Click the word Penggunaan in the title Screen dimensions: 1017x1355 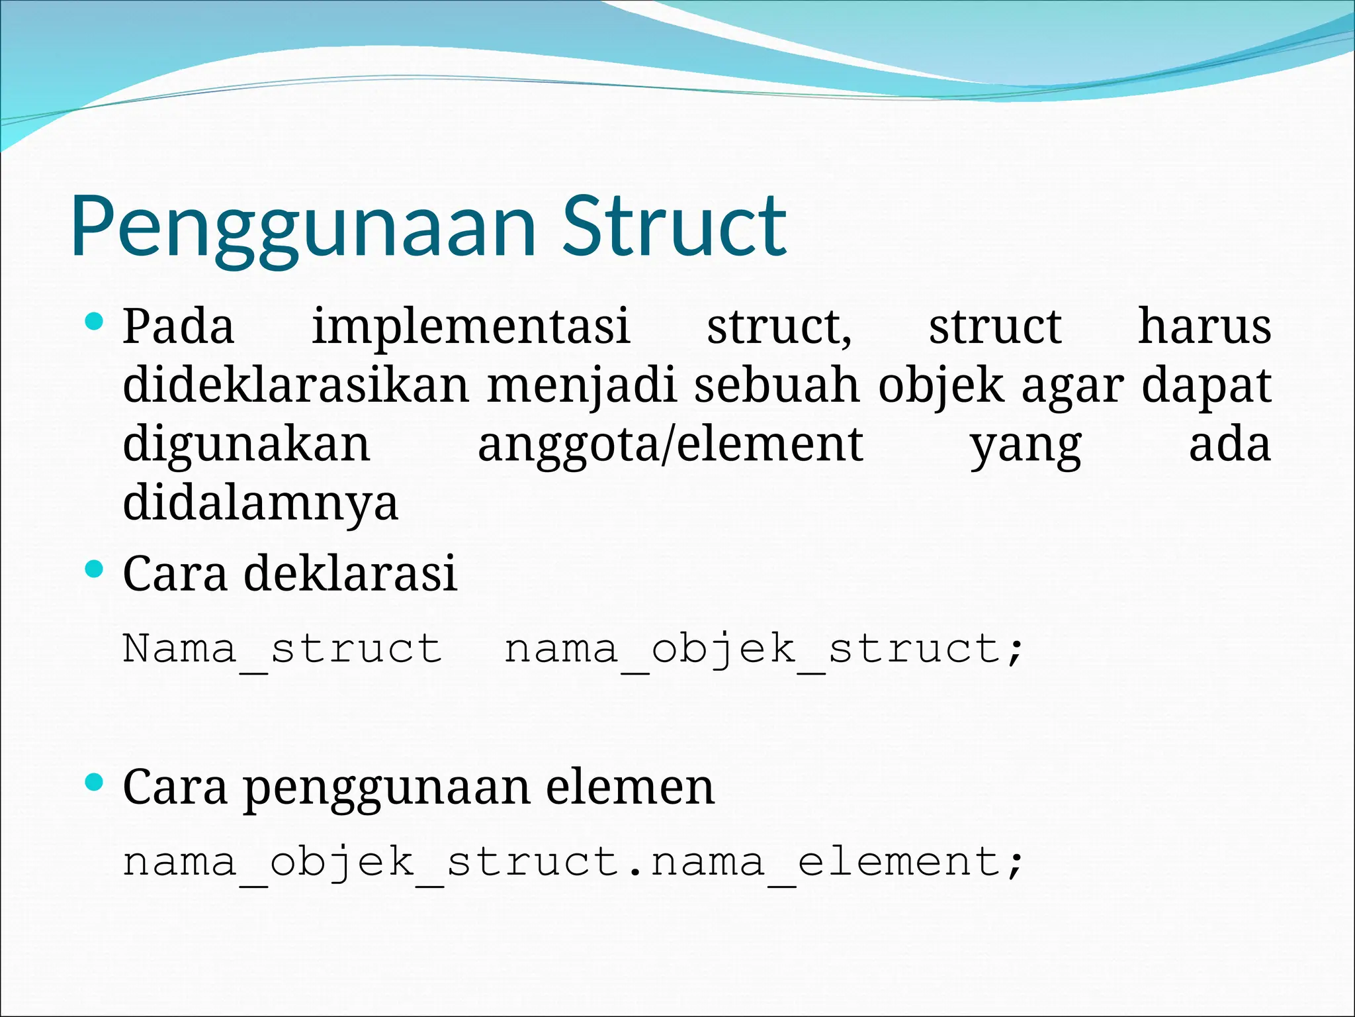tap(303, 227)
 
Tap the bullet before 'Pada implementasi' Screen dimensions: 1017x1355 tap(95, 322)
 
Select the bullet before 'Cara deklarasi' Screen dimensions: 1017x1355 tap(95, 569)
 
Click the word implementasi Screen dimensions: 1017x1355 tap(470, 326)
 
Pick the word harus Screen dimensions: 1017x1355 tap(1203, 326)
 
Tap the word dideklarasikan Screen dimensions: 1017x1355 tap(296, 385)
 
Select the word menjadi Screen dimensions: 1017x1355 tap(581, 385)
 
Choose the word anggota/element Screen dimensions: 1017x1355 tap(670, 444)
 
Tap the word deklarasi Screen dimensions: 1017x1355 tap(350, 573)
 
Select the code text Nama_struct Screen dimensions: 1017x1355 tap(283, 649)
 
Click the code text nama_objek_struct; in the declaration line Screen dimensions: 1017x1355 tap(764, 649)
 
